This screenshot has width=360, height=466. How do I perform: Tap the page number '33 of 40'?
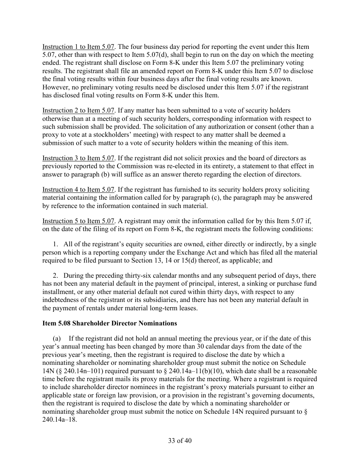[x=180, y=441]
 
